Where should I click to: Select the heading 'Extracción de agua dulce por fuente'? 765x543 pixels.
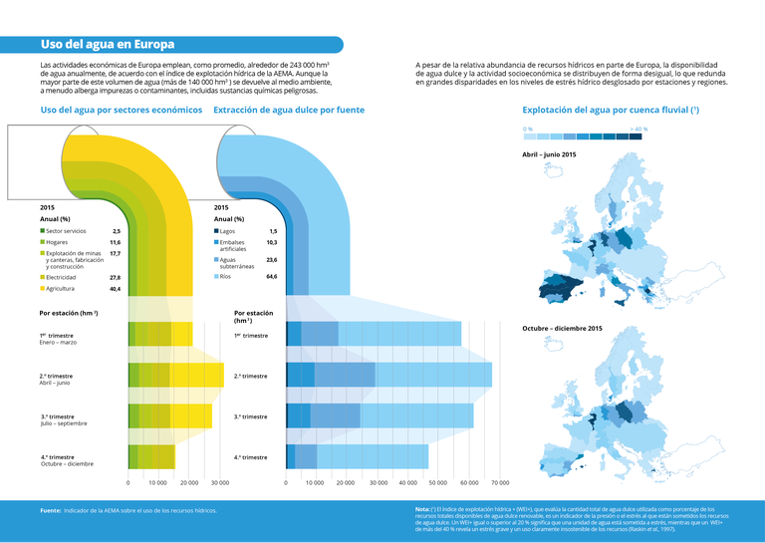coord(289,110)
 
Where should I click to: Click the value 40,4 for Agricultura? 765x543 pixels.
coord(115,289)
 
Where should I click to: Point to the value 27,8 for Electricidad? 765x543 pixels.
coord(115,277)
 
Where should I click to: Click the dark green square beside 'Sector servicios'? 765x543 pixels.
coord(42,231)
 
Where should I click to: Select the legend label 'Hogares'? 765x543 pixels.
coord(58,242)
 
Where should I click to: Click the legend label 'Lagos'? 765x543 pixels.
coord(228,231)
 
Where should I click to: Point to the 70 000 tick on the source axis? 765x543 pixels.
coord(500,482)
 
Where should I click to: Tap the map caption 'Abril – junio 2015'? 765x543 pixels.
coord(549,154)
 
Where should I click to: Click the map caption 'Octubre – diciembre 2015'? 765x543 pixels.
coord(562,328)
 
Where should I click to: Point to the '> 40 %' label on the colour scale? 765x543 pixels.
coord(638,130)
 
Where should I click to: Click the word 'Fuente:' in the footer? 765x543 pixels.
coord(51,510)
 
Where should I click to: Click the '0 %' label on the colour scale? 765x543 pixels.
coord(529,130)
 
